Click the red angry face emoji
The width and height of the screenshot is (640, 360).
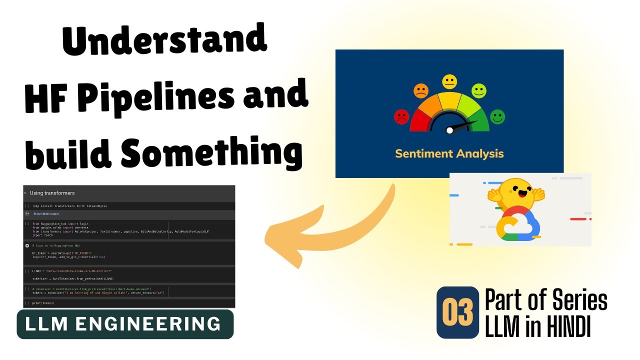point(401,117)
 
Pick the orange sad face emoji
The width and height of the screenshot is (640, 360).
point(421,91)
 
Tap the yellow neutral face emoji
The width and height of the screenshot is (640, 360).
point(449,81)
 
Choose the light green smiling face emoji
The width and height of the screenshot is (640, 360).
point(478,91)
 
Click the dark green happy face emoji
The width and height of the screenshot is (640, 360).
point(497,117)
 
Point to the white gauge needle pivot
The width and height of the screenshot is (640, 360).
point(449,130)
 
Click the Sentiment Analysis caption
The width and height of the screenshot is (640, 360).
point(449,153)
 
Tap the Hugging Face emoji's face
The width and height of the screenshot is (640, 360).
point(516,192)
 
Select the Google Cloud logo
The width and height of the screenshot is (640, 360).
point(517,224)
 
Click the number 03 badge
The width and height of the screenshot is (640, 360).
point(457,312)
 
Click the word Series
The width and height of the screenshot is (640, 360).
point(580,300)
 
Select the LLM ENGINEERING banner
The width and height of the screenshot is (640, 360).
point(125,324)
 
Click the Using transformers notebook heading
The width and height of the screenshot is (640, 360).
point(52,193)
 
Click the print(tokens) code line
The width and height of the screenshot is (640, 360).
point(43,303)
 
